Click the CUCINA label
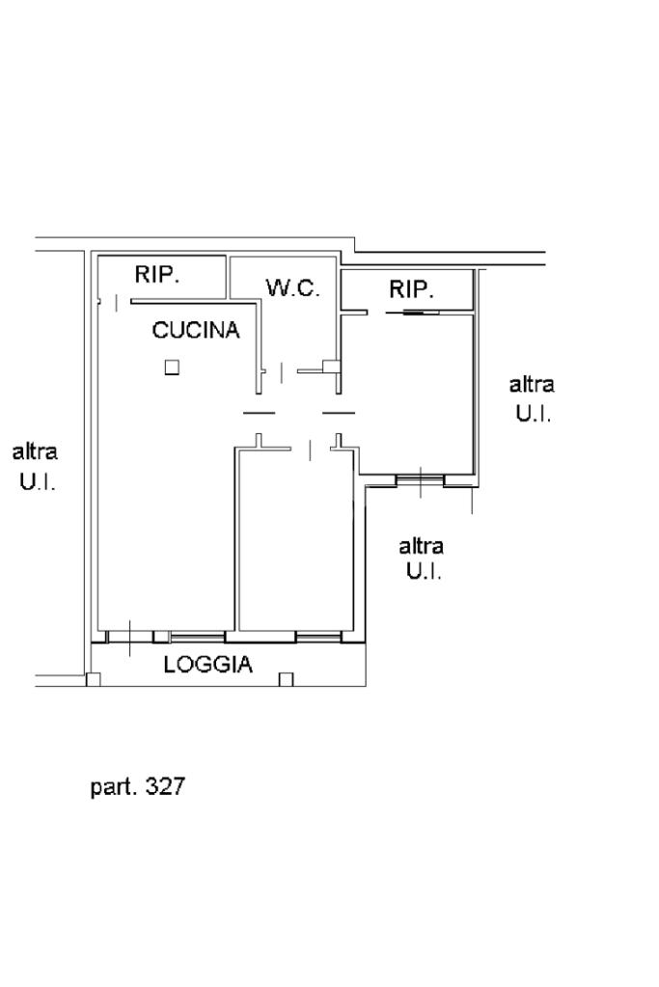pos(196,331)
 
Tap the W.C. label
pos(292,288)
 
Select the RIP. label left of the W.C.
pos(157,274)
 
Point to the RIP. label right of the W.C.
pos(412,288)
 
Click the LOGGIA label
pos(207,664)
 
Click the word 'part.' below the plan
pos(113,787)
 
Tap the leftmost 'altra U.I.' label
pos(36,466)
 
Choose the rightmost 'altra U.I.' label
pos(532,398)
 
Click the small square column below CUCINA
pos(171,367)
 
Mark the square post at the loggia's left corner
pos(93,678)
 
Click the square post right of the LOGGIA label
pos(286,678)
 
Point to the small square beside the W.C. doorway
pos(329,367)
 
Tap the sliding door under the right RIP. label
pos(412,313)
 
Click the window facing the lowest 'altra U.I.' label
pos(420,478)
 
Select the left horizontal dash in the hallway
pos(258,413)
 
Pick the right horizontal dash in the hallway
pos(338,413)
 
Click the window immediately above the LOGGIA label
pos(198,637)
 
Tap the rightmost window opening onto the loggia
pos(318,637)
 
